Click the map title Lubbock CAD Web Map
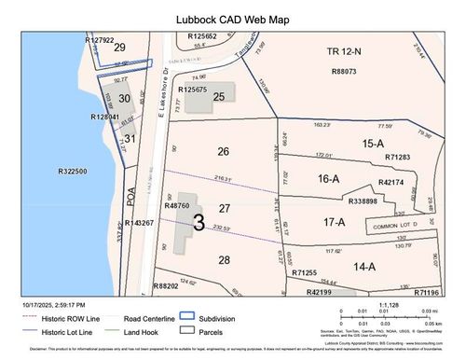point(232,17)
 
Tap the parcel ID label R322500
point(72,172)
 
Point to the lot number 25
point(218,95)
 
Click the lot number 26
point(222,150)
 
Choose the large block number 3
point(199,222)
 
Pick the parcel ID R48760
point(176,205)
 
